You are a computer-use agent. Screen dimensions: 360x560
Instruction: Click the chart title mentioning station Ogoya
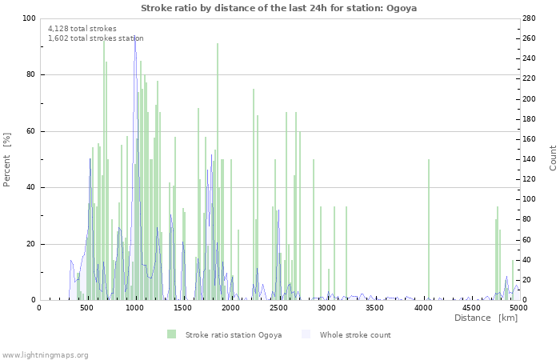279,8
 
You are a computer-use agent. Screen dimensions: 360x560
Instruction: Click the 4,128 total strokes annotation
82,29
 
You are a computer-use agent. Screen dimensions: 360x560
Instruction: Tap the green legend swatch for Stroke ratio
171,334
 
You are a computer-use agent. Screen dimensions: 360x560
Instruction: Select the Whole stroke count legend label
355,334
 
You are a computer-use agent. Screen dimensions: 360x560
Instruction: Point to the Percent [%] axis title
7,160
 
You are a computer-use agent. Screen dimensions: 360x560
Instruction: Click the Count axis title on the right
553,158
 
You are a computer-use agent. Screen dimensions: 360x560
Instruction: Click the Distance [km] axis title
486,318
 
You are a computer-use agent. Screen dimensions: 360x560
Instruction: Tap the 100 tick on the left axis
29,18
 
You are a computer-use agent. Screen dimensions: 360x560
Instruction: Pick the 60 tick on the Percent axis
31,131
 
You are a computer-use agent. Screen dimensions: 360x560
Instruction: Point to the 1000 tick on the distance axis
134,307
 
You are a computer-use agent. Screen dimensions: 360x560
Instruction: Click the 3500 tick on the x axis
374,307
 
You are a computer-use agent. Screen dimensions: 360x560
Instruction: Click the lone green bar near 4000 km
429,230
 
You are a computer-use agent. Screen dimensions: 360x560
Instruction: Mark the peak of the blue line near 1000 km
134,36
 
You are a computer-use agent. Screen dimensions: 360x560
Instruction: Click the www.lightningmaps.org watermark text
45,354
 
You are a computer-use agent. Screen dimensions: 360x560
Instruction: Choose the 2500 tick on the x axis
278,307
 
